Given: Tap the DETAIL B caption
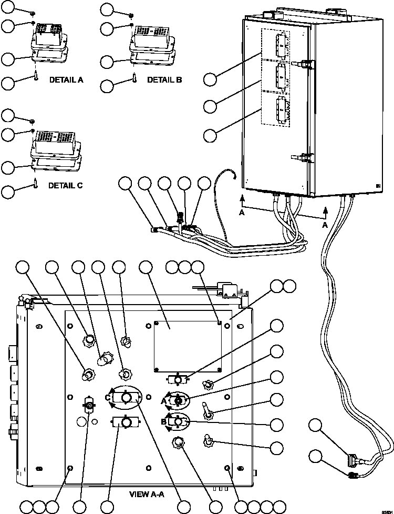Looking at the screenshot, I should pyautogui.click(x=164, y=80).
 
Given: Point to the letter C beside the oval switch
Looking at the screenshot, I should pyautogui.click(x=107, y=398).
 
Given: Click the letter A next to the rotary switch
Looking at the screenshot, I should pyautogui.click(x=163, y=400).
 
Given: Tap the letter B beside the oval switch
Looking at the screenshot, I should pyautogui.click(x=163, y=421).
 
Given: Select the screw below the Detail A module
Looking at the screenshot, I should pyautogui.click(x=34, y=77).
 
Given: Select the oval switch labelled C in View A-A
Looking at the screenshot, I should pyautogui.click(x=126, y=398).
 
